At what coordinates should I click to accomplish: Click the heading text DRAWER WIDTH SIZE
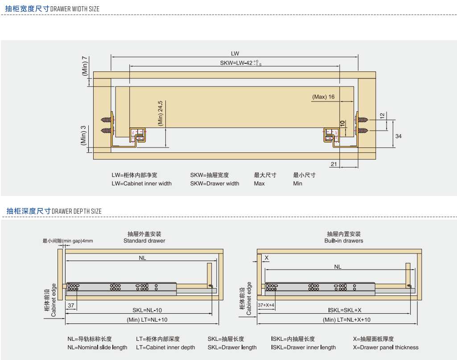pyautogui.click(x=75, y=9)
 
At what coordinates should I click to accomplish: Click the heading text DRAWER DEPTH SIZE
pyautogui.click(x=77, y=211)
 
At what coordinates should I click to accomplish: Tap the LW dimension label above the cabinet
pyautogui.click(x=235, y=53)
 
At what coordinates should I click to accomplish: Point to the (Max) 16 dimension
pyautogui.click(x=323, y=97)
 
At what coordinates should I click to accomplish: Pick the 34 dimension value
pyautogui.click(x=399, y=136)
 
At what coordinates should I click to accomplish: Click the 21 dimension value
pyautogui.click(x=333, y=164)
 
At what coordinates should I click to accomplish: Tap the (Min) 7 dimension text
pyautogui.click(x=85, y=65)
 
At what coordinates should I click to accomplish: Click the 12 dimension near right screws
pyautogui.click(x=382, y=115)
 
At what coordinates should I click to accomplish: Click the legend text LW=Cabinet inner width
pyautogui.click(x=141, y=184)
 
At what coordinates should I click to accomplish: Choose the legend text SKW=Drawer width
pyautogui.click(x=214, y=184)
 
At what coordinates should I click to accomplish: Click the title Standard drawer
pyautogui.click(x=144, y=241)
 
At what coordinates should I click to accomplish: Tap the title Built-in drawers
pyautogui.click(x=344, y=241)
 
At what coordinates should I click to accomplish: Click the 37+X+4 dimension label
pyautogui.click(x=266, y=305)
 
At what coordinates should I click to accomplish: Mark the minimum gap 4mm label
pyautogui.click(x=68, y=241)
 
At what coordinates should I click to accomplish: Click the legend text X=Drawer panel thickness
pyautogui.click(x=386, y=348)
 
